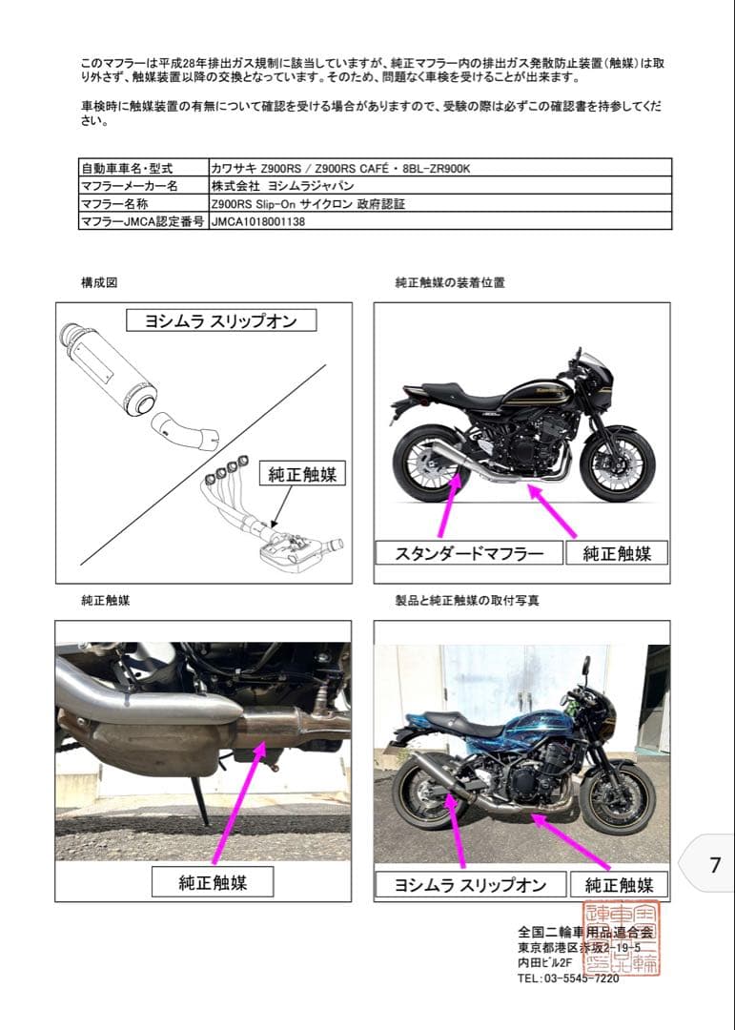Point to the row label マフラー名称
(114, 204)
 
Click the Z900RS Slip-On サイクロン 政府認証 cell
(300, 204)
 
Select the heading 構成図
(99, 283)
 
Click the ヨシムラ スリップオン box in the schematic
(220, 321)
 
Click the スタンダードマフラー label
(468, 553)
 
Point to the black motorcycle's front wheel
(617, 465)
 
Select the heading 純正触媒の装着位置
(449, 283)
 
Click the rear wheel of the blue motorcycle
(426, 793)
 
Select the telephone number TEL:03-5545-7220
(568, 978)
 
